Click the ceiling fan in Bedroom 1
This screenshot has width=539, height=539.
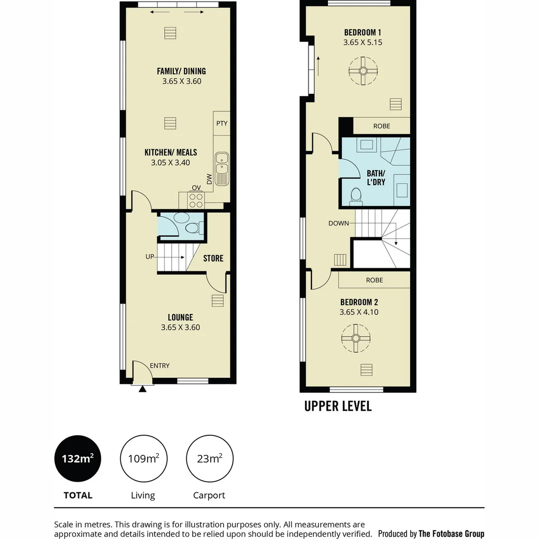pyautogui.click(x=363, y=71)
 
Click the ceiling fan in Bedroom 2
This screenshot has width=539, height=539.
pyautogui.click(x=356, y=338)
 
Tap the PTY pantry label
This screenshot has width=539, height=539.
pyautogui.click(x=222, y=123)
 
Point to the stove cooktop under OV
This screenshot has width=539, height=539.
pyautogui.click(x=196, y=201)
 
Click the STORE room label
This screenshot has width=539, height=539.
pyautogui.click(x=213, y=258)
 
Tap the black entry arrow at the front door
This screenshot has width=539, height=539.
pyautogui.click(x=142, y=389)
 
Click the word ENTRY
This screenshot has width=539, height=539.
pyautogui.click(x=160, y=366)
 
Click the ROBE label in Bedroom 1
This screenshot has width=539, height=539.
pyautogui.click(x=382, y=126)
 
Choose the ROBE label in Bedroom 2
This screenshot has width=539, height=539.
pyautogui.click(x=374, y=280)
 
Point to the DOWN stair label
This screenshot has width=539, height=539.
pyautogui.click(x=338, y=224)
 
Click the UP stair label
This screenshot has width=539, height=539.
pyautogui.click(x=150, y=257)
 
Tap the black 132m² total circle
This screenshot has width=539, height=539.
pyautogui.click(x=78, y=459)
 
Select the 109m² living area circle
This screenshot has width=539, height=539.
pyautogui.click(x=143, y=459)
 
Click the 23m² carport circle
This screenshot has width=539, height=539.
pyautogui.click(x=209, y=459)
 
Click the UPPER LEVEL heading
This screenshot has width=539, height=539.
pyautogui.click(x=338, y=406)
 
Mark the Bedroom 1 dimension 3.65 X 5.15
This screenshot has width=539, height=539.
pyautogui.click(x=363, y=42)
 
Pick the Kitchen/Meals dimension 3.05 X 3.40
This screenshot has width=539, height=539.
pyautogui.click(x=171, y=163)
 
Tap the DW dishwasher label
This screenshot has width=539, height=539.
pyautogui.click(x=209, y=179)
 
